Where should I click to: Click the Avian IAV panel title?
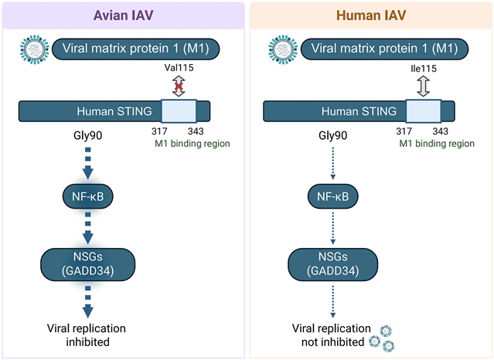[124, 15]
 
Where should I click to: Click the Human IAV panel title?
[371, 15]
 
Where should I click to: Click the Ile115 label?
[423, 69]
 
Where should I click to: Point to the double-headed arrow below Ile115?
[423, 85]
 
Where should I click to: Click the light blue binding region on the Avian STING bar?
[179, 111]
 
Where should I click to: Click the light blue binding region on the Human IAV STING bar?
[424, 111]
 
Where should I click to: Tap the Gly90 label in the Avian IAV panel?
[87, 136]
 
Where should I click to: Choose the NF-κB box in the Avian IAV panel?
[87, 196]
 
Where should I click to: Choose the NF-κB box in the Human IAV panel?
[332, 196]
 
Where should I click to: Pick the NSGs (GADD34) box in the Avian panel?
[87, 264]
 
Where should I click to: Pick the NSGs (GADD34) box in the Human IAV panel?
[332, 264]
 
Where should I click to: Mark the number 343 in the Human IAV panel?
[441, 131]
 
